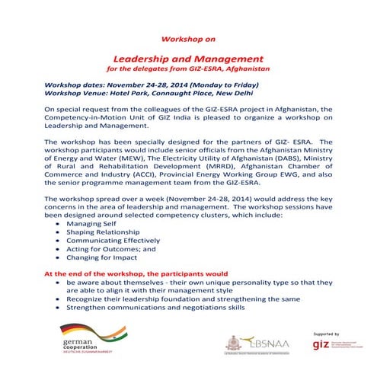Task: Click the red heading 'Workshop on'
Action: coord(188,37)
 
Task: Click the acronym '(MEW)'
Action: coord(125,159)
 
